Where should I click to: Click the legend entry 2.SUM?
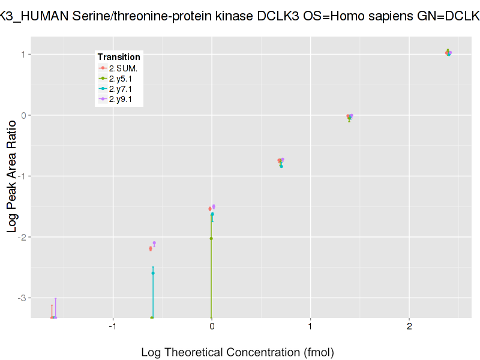123,68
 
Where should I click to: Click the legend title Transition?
119,57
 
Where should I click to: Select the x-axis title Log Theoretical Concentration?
237,352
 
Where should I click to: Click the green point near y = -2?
211,238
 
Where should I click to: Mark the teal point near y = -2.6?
153,273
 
